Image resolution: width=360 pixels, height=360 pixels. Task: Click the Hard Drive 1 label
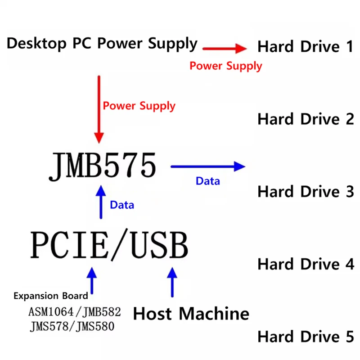pos(306,46)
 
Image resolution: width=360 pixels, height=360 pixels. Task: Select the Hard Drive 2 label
pos(306,119)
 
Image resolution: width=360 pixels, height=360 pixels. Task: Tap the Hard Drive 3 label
pos(306,192)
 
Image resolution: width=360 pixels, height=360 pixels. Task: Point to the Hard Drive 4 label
pos(306,264)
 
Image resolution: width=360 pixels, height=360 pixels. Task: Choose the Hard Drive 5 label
pos(306,337)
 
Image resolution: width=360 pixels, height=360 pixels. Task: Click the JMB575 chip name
pos(103,166)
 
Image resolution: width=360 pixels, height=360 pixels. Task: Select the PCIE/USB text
pos(109,245)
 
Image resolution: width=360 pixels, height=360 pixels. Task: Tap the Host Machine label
pos(191,314)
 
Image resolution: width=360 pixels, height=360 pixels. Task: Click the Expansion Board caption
pos(51,296)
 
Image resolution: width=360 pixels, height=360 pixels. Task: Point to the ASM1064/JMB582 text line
pos(75,312)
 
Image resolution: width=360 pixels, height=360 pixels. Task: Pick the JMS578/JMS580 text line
pos(72,326)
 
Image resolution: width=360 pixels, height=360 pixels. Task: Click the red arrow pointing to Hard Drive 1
pos(225,49)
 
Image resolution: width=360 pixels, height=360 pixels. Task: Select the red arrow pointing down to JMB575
pos(99,109)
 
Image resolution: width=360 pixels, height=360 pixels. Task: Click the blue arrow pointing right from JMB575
pos(208,166)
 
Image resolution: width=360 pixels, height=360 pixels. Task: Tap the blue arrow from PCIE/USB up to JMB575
pos(101,202)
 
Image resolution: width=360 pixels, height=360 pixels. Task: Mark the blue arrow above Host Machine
pos(172,282)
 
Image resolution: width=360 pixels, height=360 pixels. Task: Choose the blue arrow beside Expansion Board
pos(92,280)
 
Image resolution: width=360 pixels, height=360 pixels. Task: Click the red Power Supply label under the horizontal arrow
pos(226,66)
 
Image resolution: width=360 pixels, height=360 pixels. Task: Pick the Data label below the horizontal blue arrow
pos(208,181)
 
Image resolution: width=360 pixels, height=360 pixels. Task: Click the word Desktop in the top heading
pos(37,43)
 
